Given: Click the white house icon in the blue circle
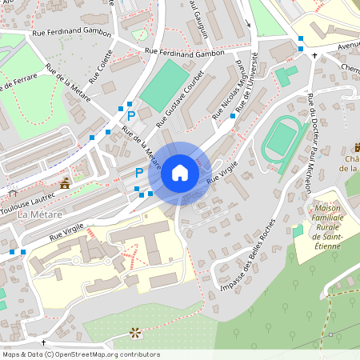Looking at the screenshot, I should pyautogui.click(x=180, y=172).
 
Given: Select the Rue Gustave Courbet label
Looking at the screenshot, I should pyautogui.click(x=180, y=100).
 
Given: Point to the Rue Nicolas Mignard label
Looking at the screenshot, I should pyautogui.click(x=228, y=90).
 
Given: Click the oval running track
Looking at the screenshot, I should pyautogui.click(x=280, y=138).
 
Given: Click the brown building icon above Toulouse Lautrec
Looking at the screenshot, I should pyautogui.click(x=65, y=184).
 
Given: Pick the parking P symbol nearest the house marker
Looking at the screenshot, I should pyautogui.click(x=139, y=172).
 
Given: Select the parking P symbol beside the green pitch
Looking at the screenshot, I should pyautogui.click(x=132, y=115).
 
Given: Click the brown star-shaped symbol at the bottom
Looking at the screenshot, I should pyautogui.click(x=134, y=332).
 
